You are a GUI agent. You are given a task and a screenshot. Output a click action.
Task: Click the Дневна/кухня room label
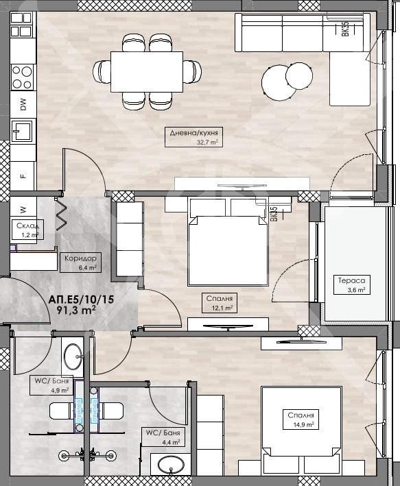click(193, 133)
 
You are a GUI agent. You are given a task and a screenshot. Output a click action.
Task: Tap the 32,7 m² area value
click(208, 142)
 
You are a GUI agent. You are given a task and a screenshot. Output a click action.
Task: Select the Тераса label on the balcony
click(351, 280)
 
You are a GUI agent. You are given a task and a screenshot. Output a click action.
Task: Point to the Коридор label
click(80, 258)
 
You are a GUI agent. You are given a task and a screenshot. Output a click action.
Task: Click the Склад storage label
click(27, 226)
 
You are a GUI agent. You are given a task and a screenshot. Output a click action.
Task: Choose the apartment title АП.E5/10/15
click(82, 300)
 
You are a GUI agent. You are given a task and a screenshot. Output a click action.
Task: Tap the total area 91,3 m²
click(75, 310)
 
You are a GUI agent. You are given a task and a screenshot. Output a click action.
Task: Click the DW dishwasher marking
click(23, 104)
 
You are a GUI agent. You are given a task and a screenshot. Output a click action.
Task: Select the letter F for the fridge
click(23, 175)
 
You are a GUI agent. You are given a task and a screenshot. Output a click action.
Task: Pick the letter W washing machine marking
click(23, 210)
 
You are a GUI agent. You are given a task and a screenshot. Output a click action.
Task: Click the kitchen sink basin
click(22, 130)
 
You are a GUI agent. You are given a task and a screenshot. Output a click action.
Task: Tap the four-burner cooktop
click(22, 77)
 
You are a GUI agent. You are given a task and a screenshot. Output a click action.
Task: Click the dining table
click(146, 71)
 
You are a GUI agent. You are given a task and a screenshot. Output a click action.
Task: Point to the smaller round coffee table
click(299, 76)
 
